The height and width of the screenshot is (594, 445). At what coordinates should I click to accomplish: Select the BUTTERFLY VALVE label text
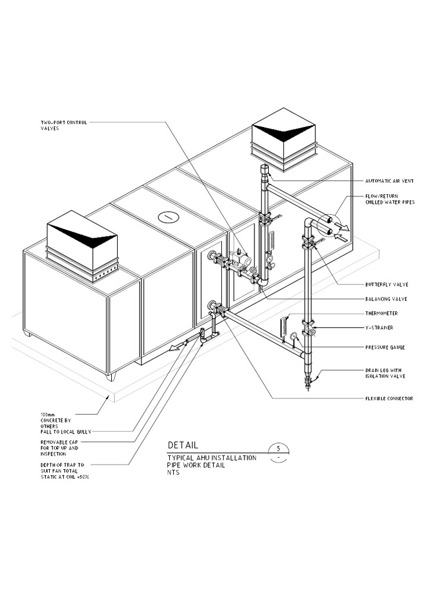pyautogui.click(x=386, y=285)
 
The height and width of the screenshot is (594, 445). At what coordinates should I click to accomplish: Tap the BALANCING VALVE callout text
pyautogui.click(x=386, y=299)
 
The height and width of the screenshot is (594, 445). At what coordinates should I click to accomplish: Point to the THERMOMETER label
pyautogui.click(x=381, y=314)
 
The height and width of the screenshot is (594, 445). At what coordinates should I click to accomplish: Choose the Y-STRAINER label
pyautogui.click(x=379, y=328)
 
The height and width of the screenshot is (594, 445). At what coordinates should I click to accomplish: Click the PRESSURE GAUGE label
pyautogui.click(x=385, y=347)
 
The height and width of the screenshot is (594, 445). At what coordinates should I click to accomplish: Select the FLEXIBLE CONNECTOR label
pyautogui.click(x=389, y=399)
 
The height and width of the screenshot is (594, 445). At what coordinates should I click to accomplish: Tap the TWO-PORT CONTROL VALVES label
pyautogui.click(x=64, y=125)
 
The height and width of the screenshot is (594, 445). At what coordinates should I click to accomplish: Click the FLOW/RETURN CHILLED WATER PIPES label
pyautogui.click(x=389, y=199)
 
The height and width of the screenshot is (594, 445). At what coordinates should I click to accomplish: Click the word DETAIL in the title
pyautogui.click(x=183, y=445)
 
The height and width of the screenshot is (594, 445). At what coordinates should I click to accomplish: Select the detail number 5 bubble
pyautogui.click(x=279, y=448)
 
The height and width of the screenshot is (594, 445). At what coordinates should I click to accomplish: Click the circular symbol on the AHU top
pyautogui.click(x=168, y=216)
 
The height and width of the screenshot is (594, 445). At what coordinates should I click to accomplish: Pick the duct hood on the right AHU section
pyautogui.click(x=283, y=139)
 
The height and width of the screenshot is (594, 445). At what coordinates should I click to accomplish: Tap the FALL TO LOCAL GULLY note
pyautogui.click(x=65, y=432)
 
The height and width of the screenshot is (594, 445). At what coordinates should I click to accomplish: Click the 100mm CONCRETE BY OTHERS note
pyautogui.click(x=55, y=421)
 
